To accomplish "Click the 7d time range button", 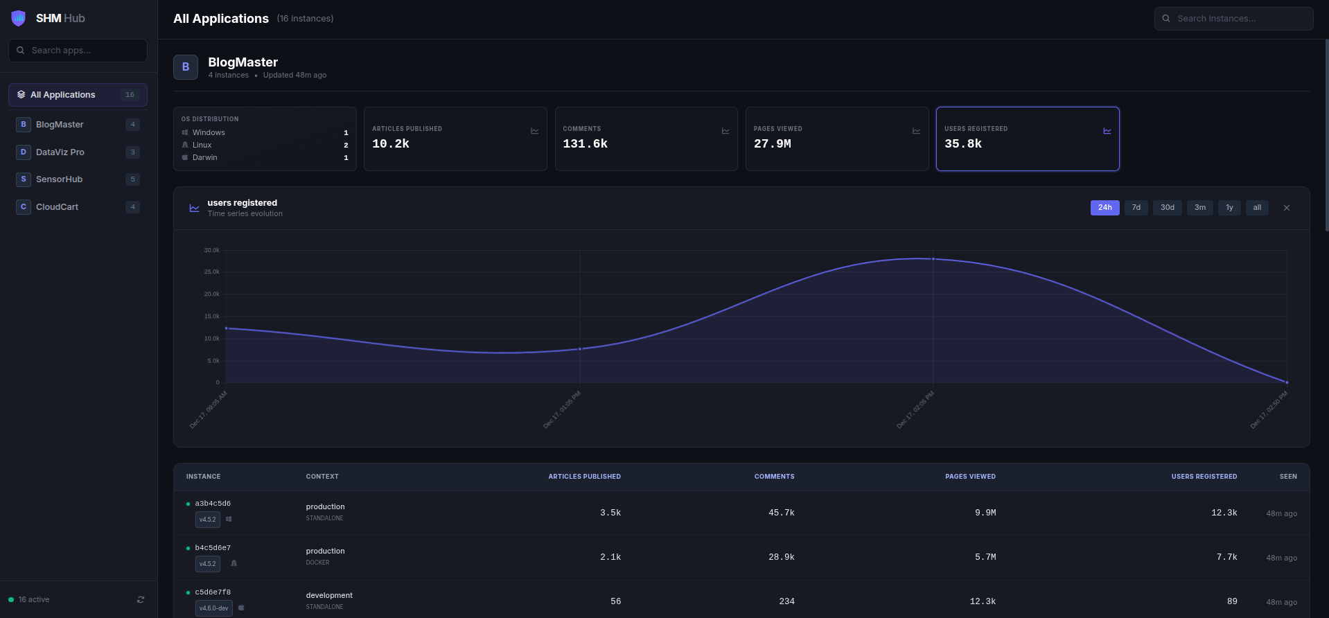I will pyautogui.click(x=1136, y=208).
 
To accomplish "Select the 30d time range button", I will pyautogui.click(x=1167, y=208).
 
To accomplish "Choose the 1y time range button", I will pyautogui.click(x=1229, y=208).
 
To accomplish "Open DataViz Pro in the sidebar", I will pyautogui.click(x=60, y=152).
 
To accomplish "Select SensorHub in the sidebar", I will pyautogui.click(x=59, y=179).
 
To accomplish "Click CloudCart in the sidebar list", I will pyautogui.click(x=57, y=207).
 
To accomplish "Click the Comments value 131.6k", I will pyautogui.click(x=585, y=143).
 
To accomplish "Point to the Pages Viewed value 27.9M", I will pyautogui.click(x=772, y=143).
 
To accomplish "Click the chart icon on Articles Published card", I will pyautogui.click(x=534, y=131).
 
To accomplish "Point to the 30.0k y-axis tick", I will pyautogui.click(x=211, y=250).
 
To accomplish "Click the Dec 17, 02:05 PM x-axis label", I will pyautogui.click(x=915, y=409).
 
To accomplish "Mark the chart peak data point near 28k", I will pyautogui.click(x=933, y=259).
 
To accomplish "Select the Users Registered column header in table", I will pyautogui.click(x=1204, y=477).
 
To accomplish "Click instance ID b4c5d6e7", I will pyautogui.click(x=213, y=548).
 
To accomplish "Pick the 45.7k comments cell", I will pyautogui.click(x=781, y=513).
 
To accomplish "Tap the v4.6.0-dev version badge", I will pyautogui.click(x=213, y=608).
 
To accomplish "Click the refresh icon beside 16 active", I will pyautogui.click(x=141, y=600).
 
